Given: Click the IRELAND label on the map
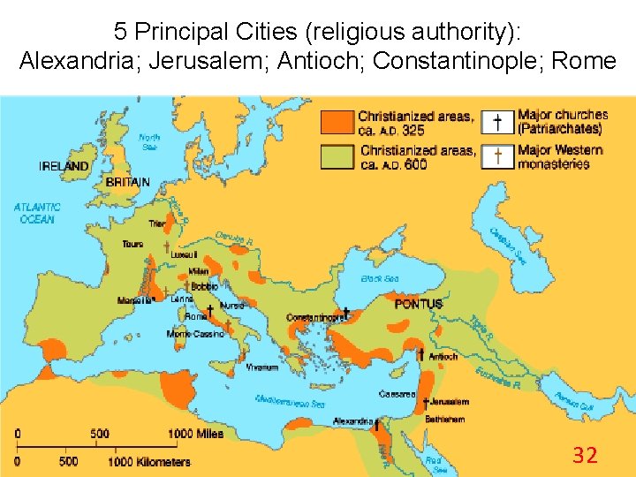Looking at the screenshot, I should (x=64, y=165).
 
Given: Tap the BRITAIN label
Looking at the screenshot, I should (x=128, y=182).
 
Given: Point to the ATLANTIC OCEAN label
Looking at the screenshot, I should (x=36, y=213).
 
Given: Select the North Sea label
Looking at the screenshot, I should (x=149, y=141).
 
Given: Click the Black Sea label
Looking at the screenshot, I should (x=380, y=279).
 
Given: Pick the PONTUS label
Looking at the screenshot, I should (x=418, y=304).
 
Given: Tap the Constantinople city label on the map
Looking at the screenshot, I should (x=314, y=317).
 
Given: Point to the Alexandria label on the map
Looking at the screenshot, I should (x=352, y=421).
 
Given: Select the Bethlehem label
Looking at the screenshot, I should (x=444, y=419).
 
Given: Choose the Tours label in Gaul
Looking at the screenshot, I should (x=133, y=244).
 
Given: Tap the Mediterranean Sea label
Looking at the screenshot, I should (x=290, y=399).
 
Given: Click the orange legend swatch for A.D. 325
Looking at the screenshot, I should (x=337, y=123).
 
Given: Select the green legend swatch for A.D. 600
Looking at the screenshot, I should (x=337, y=156).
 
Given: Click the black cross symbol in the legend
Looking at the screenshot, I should (x=498, y=122).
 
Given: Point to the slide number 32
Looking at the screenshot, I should (x=585, y=455).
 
